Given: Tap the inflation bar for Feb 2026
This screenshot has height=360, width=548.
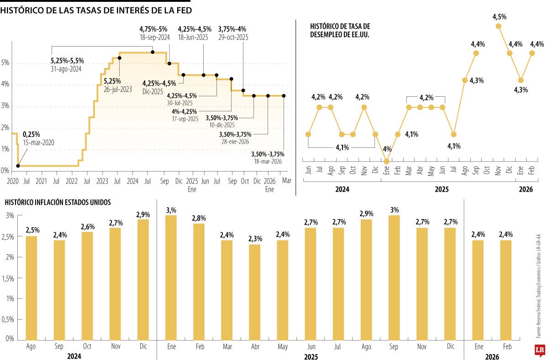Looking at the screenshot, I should pos(506,290).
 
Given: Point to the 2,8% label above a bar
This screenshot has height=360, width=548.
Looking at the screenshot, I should pos(199,219).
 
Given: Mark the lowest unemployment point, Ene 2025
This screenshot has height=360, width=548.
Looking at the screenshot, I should pos(387,161).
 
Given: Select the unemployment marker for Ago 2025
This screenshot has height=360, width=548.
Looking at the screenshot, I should pos(465,80).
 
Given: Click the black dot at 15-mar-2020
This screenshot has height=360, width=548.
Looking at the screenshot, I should pos(18,166).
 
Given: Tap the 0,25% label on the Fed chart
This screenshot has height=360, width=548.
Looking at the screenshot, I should pos(32,134).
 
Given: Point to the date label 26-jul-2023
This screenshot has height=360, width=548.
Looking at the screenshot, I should pos(118,90).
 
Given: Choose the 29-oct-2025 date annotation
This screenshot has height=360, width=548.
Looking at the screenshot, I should pos(233,37).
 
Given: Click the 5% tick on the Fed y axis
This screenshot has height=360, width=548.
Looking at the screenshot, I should pos(5,63).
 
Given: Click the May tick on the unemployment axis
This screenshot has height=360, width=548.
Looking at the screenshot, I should pos(431,171).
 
